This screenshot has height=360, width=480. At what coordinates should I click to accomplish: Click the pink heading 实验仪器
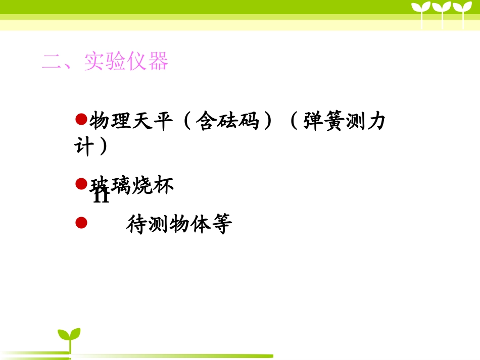click(126, 62)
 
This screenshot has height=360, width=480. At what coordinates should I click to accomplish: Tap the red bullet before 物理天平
click(81, 119)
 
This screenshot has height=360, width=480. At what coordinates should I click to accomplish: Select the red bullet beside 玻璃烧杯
click(81, 184)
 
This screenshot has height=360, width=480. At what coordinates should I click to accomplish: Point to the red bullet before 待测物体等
click(81, 223)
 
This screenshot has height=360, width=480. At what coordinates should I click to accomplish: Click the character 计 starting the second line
click(83, 147)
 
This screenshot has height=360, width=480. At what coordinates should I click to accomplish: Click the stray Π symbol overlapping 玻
click(101, 195)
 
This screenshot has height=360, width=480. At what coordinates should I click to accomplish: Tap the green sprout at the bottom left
click(69, 337)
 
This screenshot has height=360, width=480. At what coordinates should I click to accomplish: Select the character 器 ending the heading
click(158, 62)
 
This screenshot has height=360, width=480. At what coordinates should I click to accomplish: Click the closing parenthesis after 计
click(104, 147)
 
